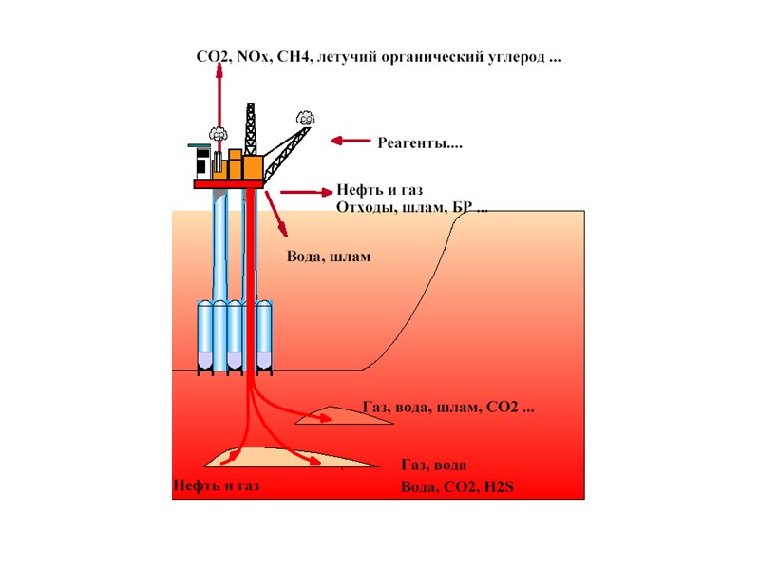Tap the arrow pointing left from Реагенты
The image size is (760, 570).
(x=351, y=142)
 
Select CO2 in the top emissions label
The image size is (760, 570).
(x=214, y=58)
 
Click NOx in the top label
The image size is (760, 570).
(x=254, y=58)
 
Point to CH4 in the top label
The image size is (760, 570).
(x=294, y=58)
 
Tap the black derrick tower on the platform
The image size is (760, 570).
(x=251, y=129)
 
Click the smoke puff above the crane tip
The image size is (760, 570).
(x=305, y=118)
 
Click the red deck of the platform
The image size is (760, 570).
(x=228, y=184)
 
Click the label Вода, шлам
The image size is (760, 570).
(x=327, y=257)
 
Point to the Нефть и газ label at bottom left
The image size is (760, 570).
(x=216, y=487)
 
